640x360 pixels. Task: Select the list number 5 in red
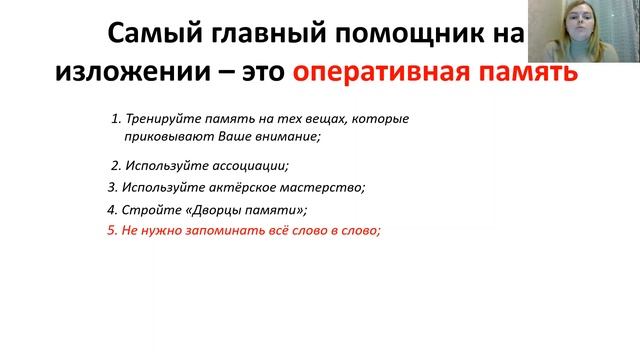[110, 231]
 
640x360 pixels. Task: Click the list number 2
[114, 165]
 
